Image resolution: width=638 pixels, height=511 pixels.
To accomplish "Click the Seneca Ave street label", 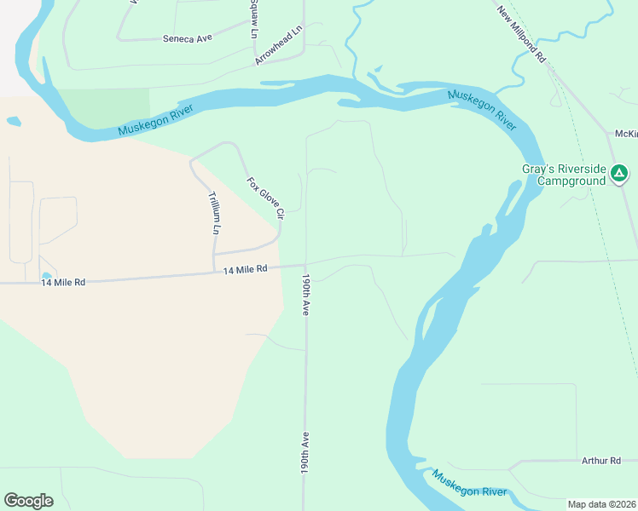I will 188,38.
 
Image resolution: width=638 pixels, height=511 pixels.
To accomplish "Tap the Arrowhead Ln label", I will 279,45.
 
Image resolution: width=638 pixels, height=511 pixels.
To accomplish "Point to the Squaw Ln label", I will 253,19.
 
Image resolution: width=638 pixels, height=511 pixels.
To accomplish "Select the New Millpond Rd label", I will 521,34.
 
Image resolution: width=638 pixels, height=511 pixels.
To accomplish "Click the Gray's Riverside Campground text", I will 564,175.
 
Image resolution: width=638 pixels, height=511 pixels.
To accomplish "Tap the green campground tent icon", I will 619,175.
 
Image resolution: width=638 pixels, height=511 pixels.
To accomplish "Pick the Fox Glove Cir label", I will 264,198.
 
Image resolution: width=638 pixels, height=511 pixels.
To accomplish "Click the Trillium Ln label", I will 214,213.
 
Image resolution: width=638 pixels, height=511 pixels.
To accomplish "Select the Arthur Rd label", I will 600,461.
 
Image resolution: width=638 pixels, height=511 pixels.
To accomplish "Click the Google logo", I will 28,501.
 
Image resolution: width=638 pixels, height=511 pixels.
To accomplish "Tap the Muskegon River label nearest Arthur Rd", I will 469,485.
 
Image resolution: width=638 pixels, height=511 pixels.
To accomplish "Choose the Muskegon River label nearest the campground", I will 482,108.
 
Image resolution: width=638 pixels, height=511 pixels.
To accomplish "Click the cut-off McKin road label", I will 625,135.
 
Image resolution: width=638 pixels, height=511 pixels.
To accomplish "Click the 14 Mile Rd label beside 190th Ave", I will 246,269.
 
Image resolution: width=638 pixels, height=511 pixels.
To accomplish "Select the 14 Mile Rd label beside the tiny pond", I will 63,282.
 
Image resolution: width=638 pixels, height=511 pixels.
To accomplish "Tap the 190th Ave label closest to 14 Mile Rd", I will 304,295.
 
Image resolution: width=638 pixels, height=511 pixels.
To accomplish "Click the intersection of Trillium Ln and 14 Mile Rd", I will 214,273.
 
